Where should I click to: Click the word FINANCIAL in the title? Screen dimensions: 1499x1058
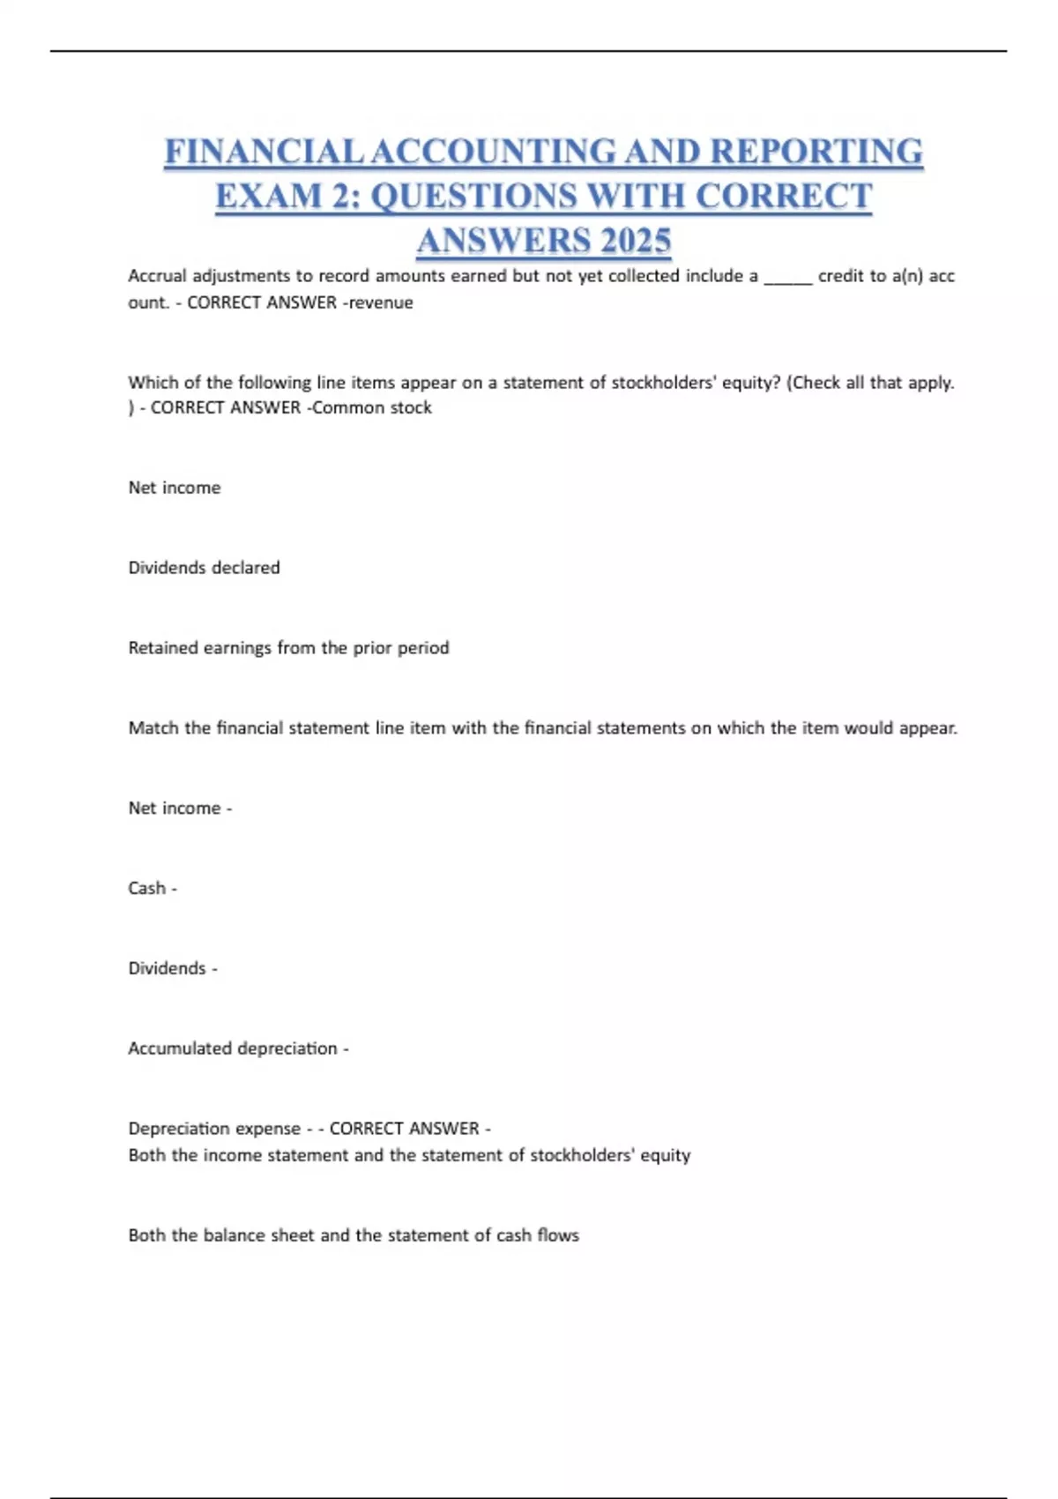coord(264,152)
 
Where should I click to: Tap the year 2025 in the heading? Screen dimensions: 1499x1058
coord(633,241)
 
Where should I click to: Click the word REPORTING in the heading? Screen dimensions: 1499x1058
coord(816,152)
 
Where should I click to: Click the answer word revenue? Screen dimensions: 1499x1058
coord(381,302)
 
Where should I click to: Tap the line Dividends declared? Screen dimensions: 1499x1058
coord(204,568)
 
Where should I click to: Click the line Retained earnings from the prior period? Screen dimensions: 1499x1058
coord(288,648)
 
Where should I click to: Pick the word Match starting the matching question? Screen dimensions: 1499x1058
coord(153,728)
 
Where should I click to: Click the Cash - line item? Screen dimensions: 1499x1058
coord(152,888)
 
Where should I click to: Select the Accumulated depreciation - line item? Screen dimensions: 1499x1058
coord(238,1048)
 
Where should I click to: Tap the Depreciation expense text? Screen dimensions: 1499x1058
coord(214,1129)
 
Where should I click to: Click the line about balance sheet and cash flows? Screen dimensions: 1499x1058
coord(354,1235)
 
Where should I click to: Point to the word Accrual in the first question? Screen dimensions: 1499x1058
coord(157,276)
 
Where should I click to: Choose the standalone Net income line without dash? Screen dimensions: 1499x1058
coord(175,488)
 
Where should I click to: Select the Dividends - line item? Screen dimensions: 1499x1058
coord(172,968)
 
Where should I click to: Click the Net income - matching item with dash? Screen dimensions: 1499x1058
coord(180,808)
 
